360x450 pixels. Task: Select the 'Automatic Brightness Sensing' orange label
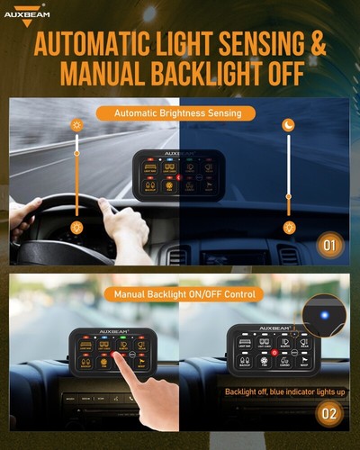(x=178, y=114)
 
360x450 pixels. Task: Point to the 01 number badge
(x=330, y=244)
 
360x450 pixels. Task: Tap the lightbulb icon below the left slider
(x=76, y=229)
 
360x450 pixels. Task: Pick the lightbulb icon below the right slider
(x=289, y=229)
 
